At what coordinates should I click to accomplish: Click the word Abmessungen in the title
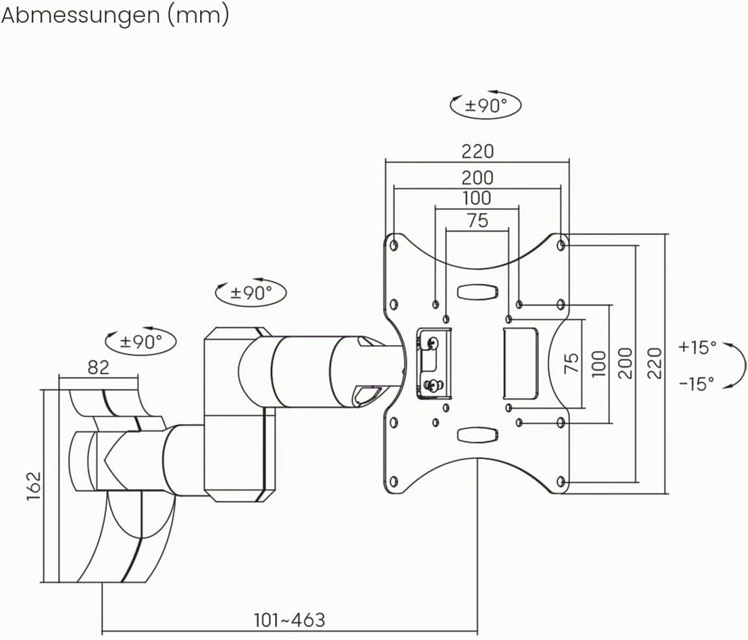(80, 15)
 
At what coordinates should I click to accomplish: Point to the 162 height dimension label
(35, 486)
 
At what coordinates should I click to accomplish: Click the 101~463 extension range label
(290, 620)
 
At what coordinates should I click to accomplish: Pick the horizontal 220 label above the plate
(477, 151)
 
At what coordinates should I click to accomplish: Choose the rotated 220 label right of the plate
(655, 364)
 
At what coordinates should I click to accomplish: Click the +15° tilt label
(697, 347)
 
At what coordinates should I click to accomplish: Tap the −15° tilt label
(697, 383)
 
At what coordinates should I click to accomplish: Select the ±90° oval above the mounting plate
(486, 105)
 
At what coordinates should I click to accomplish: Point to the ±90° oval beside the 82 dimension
(141, 341)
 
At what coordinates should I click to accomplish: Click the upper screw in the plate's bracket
(433, 343)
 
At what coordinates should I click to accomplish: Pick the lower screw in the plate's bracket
(433, 385)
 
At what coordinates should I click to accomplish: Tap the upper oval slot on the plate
(477, 292)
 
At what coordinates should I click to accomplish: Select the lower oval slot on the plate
(477, 434)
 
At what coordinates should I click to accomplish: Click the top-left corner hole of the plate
(394, 246)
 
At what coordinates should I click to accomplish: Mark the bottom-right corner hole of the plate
(561, 481)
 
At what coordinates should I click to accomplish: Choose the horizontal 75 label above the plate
(477, 220)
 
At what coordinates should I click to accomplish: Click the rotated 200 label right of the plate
(625, 364)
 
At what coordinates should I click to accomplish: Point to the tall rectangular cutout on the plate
(520, 364)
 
